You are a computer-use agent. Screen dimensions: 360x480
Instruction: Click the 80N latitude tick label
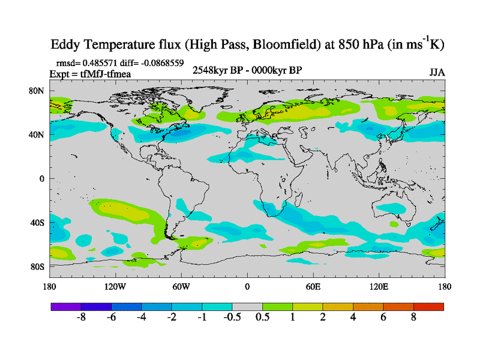[38, 91]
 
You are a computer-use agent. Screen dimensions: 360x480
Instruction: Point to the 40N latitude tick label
[38, 134]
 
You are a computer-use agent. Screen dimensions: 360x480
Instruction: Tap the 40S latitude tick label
[38, 223]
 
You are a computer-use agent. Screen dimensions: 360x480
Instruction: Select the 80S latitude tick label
[38, 266]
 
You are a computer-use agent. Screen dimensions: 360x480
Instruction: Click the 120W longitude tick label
[115, 287]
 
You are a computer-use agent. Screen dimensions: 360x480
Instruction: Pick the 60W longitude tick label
[181, 287]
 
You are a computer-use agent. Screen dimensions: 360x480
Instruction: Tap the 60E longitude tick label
[313, 287]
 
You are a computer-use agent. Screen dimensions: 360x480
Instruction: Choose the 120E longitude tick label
[379, 287]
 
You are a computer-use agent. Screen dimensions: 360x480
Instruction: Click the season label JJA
[437, 72]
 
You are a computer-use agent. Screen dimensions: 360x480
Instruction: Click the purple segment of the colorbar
[66, 307]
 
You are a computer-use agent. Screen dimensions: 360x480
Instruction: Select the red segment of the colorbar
[428, 307]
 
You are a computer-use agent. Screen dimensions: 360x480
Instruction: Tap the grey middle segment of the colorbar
[247, 307]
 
